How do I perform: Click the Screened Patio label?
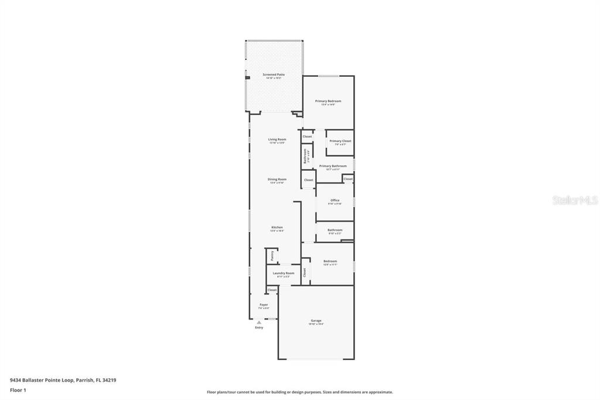(x=274, y=75)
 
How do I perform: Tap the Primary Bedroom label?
(x=328, y=101)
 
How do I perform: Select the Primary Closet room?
(x=340, y=143)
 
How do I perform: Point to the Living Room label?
(x=277, y=140)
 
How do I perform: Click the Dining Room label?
(x=277, y=179)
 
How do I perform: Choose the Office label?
(x=335, y=201)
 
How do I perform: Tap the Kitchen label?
(x=277, y=228)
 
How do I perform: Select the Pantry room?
(x=272, y=256)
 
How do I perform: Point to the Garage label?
(x=316, y=321)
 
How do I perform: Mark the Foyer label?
(x=264, y=305)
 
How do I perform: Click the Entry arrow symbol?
(x=259, y=322)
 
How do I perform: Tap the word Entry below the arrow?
(x=259, y=327)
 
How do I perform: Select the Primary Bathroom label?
(x=333, y=167)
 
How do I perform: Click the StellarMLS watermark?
(x=575, y=200)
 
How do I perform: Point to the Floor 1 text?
(x=18, y=389)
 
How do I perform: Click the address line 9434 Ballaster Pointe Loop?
(x=63, y=379)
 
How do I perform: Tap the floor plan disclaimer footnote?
(x=299, y=392)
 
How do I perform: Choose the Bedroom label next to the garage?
(x=330, y=262)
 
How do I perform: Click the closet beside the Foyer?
(x=272, y=290)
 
